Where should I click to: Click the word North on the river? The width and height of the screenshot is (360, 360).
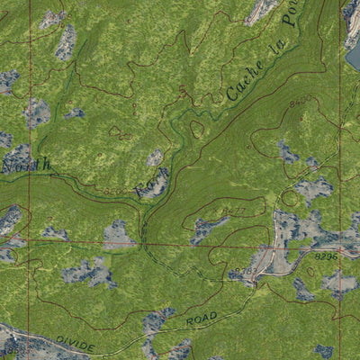click(x=26, y=166)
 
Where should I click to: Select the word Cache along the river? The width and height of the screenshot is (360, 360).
click(x=245, y=79)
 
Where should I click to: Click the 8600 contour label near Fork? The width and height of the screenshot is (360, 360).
click(x=115, y=191)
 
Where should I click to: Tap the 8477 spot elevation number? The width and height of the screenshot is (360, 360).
click(x=236, y=211)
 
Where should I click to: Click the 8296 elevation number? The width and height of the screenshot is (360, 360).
click(x=327, y=257)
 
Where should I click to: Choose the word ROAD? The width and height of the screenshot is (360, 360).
click(x=202, y=319)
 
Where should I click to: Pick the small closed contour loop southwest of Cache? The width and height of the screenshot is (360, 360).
click(x=197, y=130)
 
